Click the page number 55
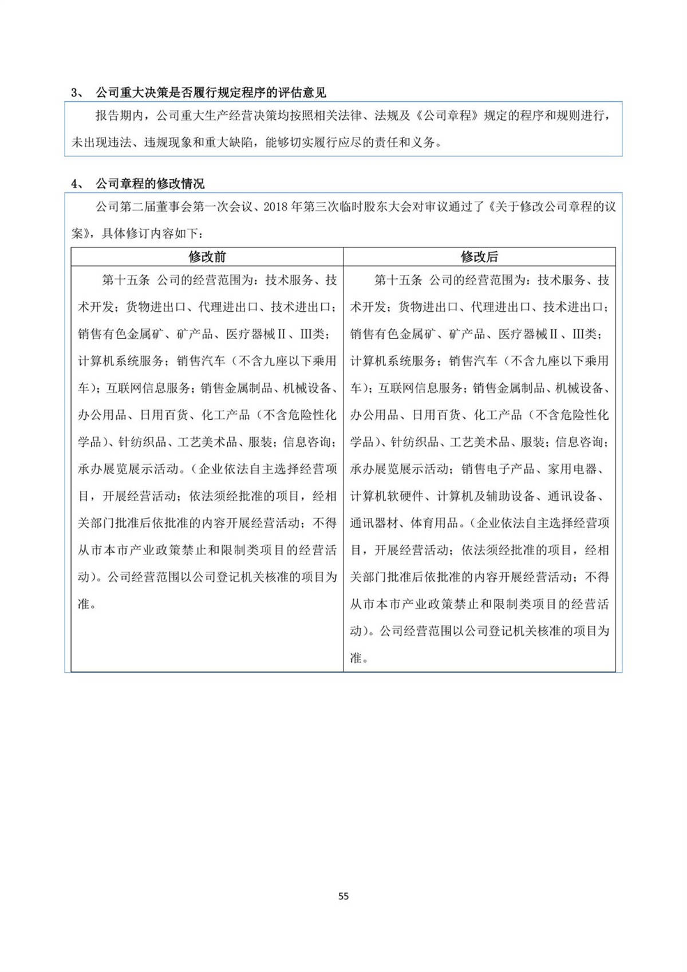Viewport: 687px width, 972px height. click(x=343, y=896)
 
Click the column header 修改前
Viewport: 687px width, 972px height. click(x=207, y=257)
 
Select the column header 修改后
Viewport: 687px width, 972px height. click(x=479, y=257)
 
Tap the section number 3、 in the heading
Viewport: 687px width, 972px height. click(x=77, y=93)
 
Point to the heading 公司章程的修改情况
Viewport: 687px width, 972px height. click(x=150, y=184)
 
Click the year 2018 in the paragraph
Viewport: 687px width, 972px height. click(x=276, y=207)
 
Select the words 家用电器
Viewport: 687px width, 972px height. click(x=572, y=469)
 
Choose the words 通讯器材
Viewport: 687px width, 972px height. click(x=374, y=523)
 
